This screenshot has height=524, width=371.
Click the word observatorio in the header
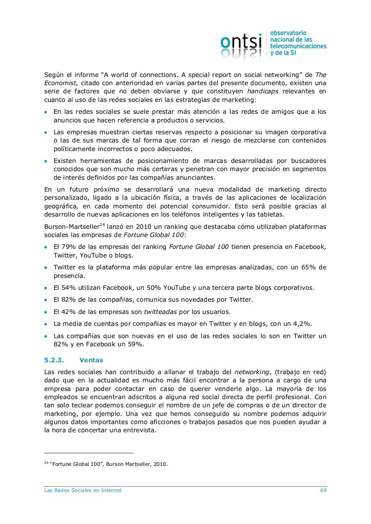tap(288, 33)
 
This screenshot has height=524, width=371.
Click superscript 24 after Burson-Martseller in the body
tap(102, 225)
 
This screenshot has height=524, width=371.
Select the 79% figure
tap(68, 247)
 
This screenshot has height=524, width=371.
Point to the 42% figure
tap(68, 312)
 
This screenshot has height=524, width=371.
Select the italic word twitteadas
tap(160, 312)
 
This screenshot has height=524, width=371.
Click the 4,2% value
tap(302, 324)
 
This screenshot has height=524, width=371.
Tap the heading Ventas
tap(91, 360)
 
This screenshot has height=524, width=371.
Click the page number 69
tap(323, 490)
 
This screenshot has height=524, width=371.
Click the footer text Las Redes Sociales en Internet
tap(83, 490)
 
